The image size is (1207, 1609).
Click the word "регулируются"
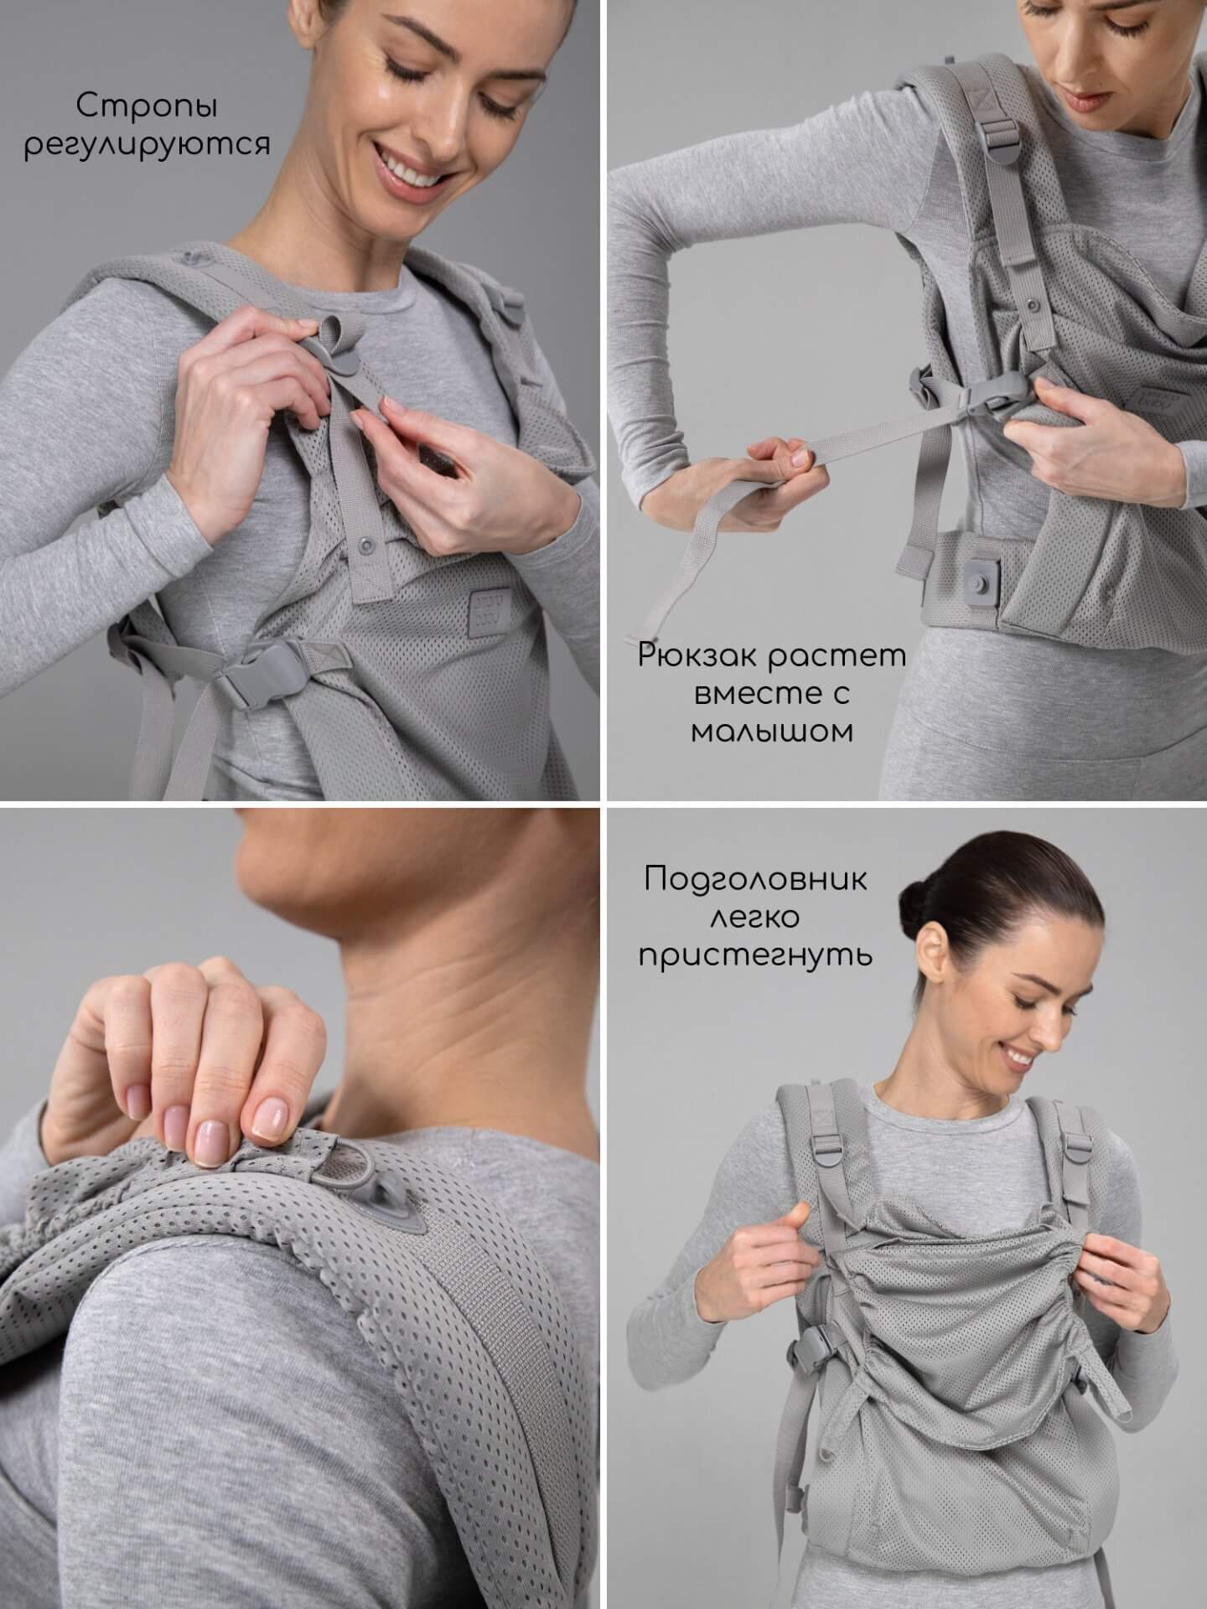pos(147,144)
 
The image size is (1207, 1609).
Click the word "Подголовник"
pos(756,881)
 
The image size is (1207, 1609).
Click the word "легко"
pos(754,918)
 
